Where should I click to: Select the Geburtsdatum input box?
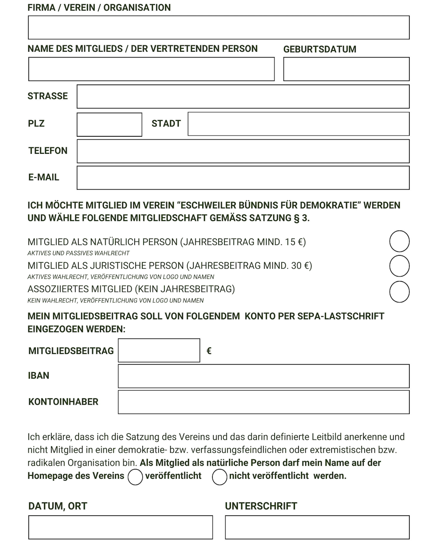point(346,69)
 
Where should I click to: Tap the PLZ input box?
point(109,124)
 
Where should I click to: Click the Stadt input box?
point(298,124)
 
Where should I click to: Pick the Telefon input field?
point(243,151)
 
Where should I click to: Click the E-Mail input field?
point(243,177)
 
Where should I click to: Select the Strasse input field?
point(243,96)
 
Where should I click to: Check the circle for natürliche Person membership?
point(399,241)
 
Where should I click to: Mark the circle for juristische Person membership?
point(399,266)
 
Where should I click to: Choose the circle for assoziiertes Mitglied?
point(399,291)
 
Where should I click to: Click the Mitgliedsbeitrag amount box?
point(159,350)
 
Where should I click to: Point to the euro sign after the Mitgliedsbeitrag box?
point(209,351)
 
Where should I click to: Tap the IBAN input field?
point(263,376)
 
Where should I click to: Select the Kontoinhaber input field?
point(263,402)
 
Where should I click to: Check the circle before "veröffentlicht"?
point(135,477)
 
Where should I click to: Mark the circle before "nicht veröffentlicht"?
point(219,477)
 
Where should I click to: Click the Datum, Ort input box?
point(120,527)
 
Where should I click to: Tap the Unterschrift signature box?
point(317,527)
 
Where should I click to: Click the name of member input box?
point(151,69)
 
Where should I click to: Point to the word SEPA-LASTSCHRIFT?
point(341,316)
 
